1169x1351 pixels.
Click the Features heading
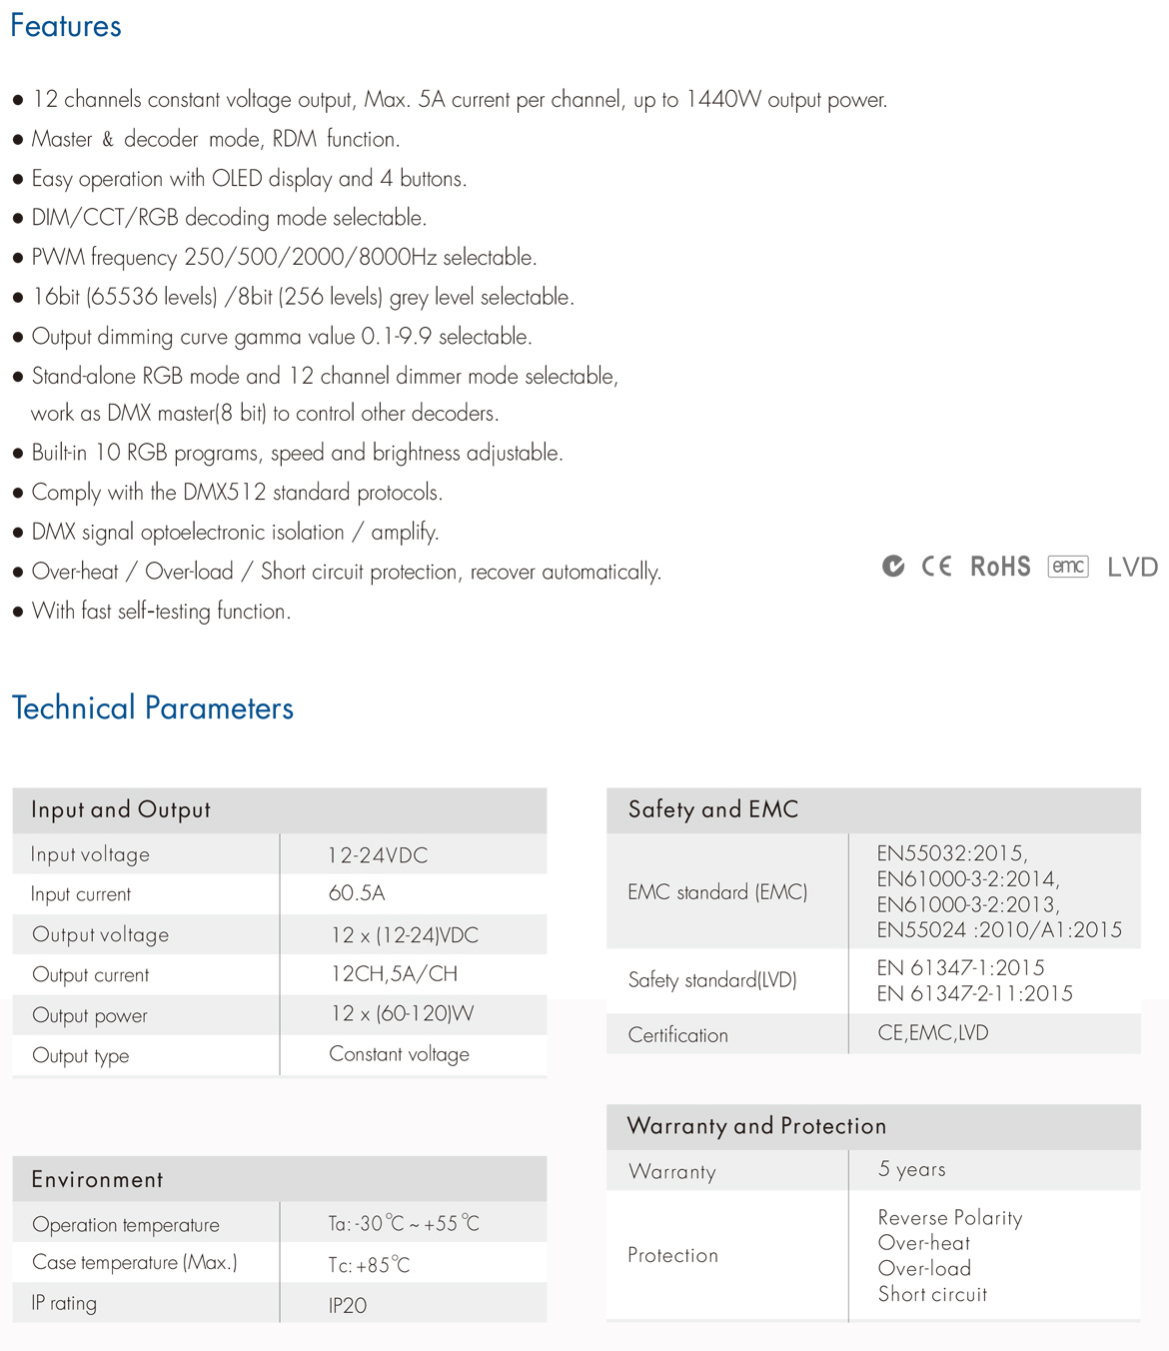coord(66,26)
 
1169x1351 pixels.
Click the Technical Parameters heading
coord(153,707)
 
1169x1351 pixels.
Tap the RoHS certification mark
coord(1000,567)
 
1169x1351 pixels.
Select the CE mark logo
coord(936,567)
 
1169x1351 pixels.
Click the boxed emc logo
coord(1068,567)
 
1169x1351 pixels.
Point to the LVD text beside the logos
coord(1132,568)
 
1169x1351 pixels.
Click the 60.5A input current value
coord(357,893)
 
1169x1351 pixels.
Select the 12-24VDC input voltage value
coord(378,855)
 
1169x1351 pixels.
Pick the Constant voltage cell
coord(399,1054)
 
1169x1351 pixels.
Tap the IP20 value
coord(348,1305)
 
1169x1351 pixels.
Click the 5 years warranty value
coord(911,1169)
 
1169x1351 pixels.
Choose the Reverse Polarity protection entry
coord(949,1217)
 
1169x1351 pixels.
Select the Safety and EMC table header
coord(713,809)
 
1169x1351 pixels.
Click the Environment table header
coord(97,1179)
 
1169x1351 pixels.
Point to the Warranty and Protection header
coord(756,1126)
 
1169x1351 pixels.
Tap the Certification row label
coord(677,1035)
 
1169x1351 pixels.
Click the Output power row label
coord(90,1015)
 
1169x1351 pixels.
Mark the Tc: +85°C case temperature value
coord(369,1265)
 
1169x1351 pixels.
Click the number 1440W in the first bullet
coord(723,100)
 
